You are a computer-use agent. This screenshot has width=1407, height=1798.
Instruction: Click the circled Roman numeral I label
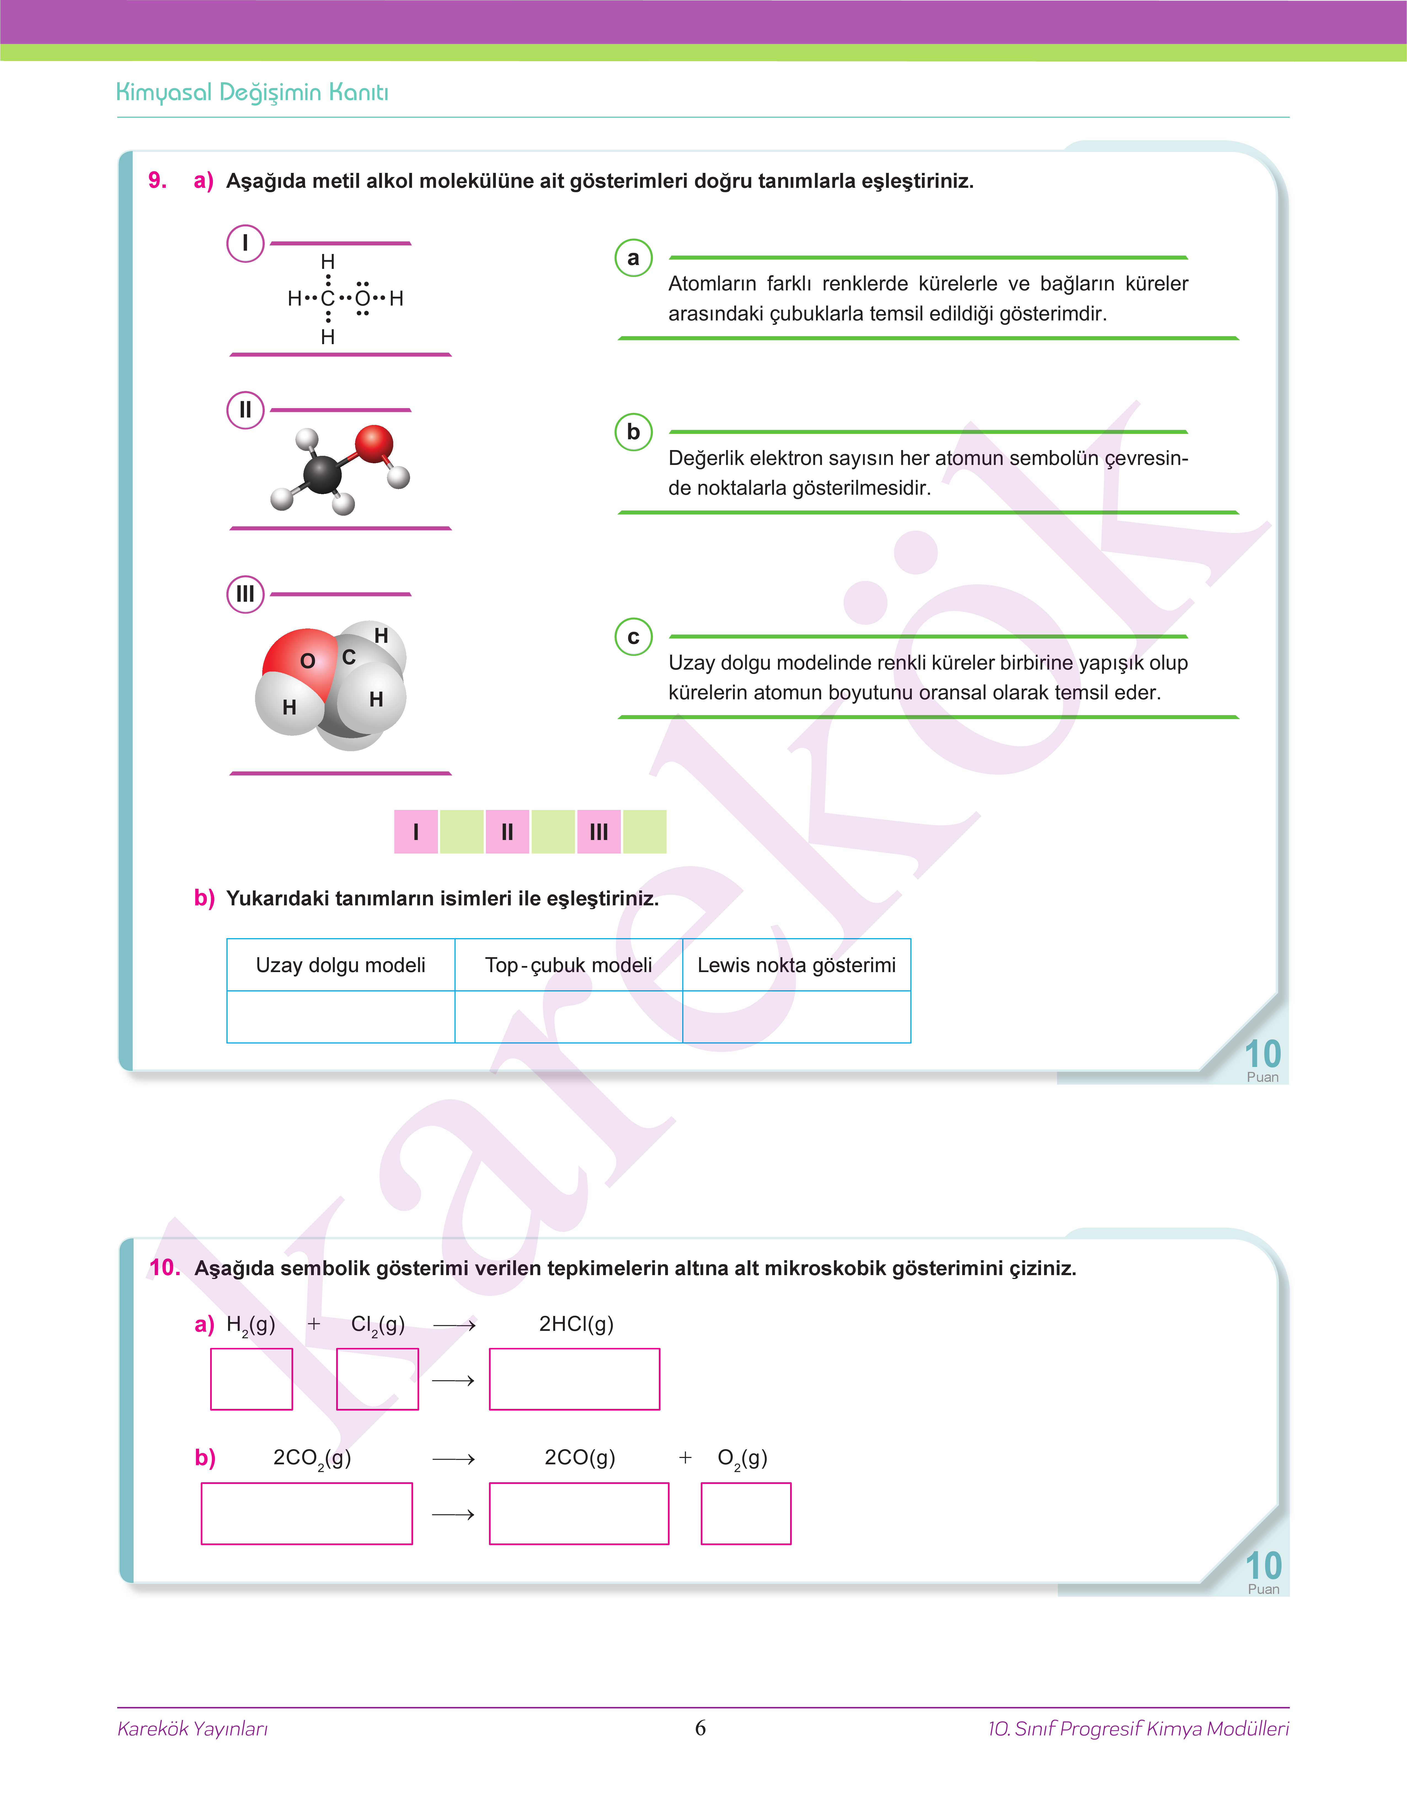245,244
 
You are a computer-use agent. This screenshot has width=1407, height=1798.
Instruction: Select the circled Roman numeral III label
245,594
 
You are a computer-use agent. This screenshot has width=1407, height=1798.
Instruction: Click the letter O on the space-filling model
307,660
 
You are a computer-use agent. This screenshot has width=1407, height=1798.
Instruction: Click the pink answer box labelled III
599,832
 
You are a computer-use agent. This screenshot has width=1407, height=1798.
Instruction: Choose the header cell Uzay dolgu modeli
340,965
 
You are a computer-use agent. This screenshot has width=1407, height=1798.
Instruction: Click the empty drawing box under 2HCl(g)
574,1379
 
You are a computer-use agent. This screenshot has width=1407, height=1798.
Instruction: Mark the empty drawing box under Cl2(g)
377,1379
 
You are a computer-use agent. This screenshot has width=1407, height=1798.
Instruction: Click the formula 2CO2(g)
312,1458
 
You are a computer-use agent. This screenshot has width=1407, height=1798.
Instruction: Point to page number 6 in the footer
700,1727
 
